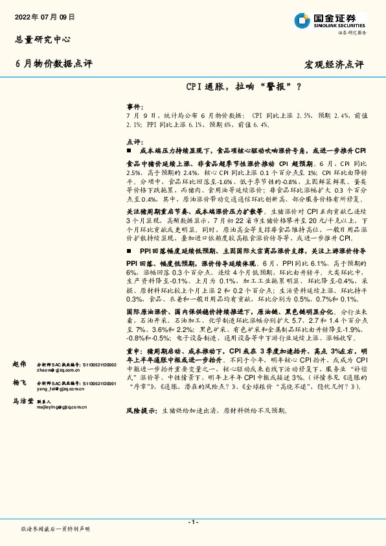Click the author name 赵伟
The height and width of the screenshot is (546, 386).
pos(19,364)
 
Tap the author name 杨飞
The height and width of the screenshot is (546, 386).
pos(19,383)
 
